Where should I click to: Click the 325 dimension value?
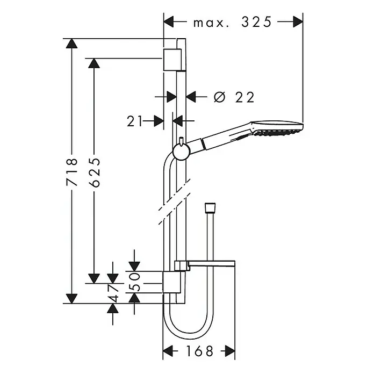coord(256,21)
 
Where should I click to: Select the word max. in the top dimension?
coord(208,23)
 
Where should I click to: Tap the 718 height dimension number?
coord(72,172)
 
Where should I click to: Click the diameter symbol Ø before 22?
coord(219,97)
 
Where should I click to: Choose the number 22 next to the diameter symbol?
coord(244,97)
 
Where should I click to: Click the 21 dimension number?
coord(134,121)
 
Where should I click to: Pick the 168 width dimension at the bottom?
coord(199,351)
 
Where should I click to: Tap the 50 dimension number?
coord(134,282)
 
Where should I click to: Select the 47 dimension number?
coord(113,293)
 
